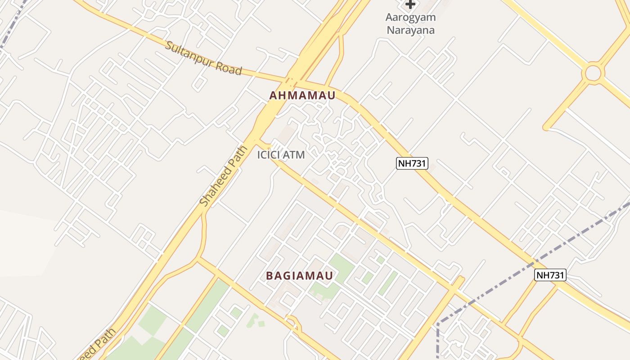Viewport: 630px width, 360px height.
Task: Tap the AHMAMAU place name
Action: pos(302,96)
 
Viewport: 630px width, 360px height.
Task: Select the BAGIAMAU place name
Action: pos(300,276)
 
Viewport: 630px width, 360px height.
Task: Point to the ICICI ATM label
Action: pos(281,155)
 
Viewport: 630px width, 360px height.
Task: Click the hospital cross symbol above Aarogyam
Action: pos(410,4)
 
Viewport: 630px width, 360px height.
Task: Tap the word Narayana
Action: pos(410,31)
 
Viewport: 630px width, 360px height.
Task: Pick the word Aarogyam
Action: pos(410,18)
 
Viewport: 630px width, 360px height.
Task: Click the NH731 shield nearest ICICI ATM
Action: pos(412,163)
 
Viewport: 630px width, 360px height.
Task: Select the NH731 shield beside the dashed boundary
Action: pos(550,275)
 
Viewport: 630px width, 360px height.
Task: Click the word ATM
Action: pos(295,155)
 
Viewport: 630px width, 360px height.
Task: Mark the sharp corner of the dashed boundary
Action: pos(438,323)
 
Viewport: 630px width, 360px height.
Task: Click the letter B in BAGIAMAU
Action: pos(270,276)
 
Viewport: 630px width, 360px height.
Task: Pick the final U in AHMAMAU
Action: pos(332,96)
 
